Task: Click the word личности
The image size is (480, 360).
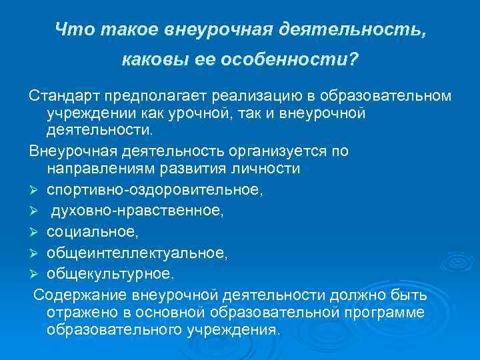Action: coord(271,169)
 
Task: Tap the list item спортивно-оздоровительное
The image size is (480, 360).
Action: coord(155,190)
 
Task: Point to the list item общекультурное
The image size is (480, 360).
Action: coord(109,273)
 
